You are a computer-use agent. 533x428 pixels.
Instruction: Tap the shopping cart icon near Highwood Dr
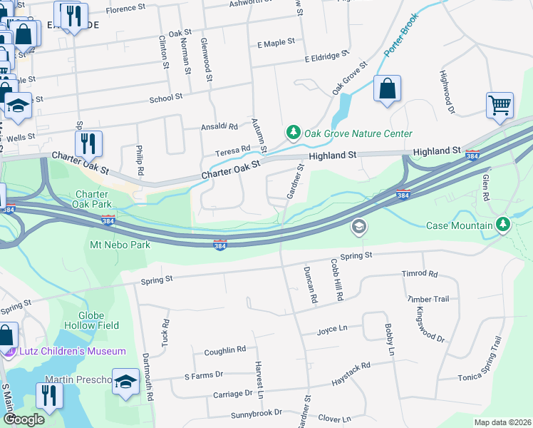pos(500,104)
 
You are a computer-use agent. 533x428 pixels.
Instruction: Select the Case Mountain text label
pos(459,225)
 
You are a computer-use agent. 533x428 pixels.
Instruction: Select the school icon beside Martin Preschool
pos(125,381)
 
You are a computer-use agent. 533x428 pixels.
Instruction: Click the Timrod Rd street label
pos(420,273)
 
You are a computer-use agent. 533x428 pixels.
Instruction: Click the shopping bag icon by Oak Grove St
pos(386,89)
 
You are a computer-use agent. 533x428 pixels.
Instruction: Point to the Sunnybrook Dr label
pos(257,413)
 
